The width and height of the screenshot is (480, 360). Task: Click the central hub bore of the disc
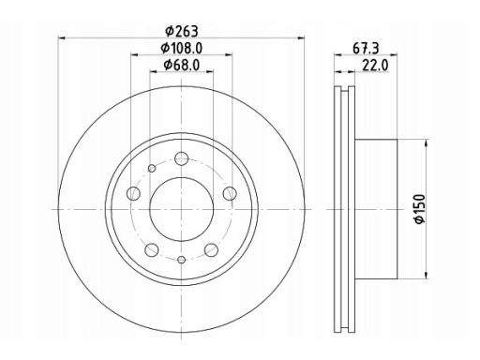[x=178, y=208]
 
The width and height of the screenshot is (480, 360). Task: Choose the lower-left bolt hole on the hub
[x=150, y=248]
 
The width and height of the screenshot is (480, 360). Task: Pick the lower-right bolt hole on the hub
[x=209, y=248]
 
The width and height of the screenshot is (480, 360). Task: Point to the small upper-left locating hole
[x=151, y=167]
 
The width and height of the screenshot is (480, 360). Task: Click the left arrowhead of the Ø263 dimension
[x=62, y=37]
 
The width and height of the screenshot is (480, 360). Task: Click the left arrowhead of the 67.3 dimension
[x=336, y=56]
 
